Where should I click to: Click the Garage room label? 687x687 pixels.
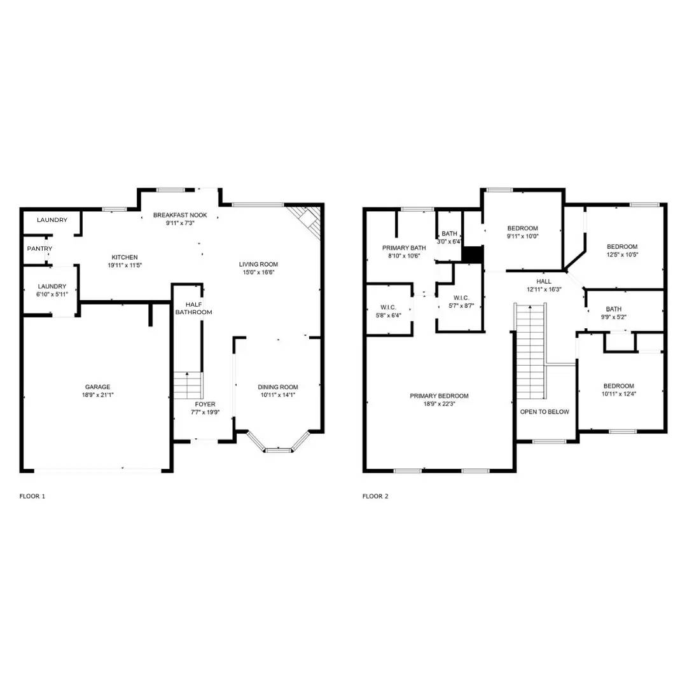pos(98,387)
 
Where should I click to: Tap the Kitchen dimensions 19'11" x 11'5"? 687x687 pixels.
pos(124,265)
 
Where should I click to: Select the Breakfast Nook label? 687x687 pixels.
pos(180,215)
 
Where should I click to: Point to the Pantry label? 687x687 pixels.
pos(39,249)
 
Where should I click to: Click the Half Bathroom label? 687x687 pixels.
pos(193,309)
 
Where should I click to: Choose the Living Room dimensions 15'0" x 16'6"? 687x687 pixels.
pos(258,272)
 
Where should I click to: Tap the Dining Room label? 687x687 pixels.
pos(277,387)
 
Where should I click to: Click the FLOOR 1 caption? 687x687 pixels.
pos(32,496)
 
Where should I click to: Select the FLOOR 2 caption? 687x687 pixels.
pos(375,496)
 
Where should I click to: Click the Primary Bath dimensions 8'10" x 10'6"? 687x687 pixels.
pos(404,256)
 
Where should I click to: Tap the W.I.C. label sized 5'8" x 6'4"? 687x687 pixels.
pos(387,307)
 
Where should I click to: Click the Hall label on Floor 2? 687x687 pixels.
pos(544,281)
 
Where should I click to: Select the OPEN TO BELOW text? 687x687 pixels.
pos(545,412)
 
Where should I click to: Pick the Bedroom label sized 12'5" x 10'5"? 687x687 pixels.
pos(621,247)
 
